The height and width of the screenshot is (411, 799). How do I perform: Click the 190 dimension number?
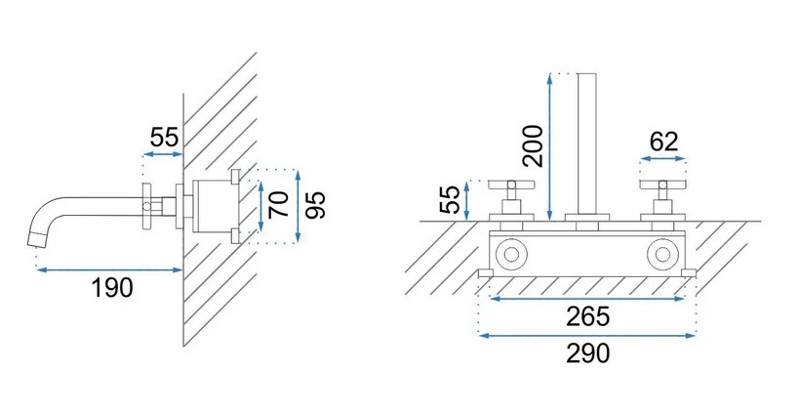(112, 288)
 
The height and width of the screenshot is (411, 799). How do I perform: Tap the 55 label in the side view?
(165, 138)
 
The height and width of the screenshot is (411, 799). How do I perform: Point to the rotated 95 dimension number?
(315, 204)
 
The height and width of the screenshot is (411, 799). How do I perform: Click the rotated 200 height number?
(534, 145)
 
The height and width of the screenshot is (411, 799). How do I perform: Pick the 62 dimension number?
(664, 142)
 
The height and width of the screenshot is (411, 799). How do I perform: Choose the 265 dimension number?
(587, 316)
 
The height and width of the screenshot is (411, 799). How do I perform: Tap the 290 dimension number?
(587, 353)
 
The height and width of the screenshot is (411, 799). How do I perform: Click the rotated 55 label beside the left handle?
(449, 199)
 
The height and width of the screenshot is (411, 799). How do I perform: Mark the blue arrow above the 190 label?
(109, 269)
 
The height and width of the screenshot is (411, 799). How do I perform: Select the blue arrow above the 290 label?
(587, 336)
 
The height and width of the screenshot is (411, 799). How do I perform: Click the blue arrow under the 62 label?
(663, 159)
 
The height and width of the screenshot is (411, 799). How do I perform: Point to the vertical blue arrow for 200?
(549, 147)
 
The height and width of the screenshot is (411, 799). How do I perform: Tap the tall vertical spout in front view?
(587, 144)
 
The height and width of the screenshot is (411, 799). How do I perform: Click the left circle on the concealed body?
(511, 254)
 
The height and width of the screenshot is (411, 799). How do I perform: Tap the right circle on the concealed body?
(662, 254)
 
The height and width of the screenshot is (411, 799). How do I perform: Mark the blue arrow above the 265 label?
(586, 299)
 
